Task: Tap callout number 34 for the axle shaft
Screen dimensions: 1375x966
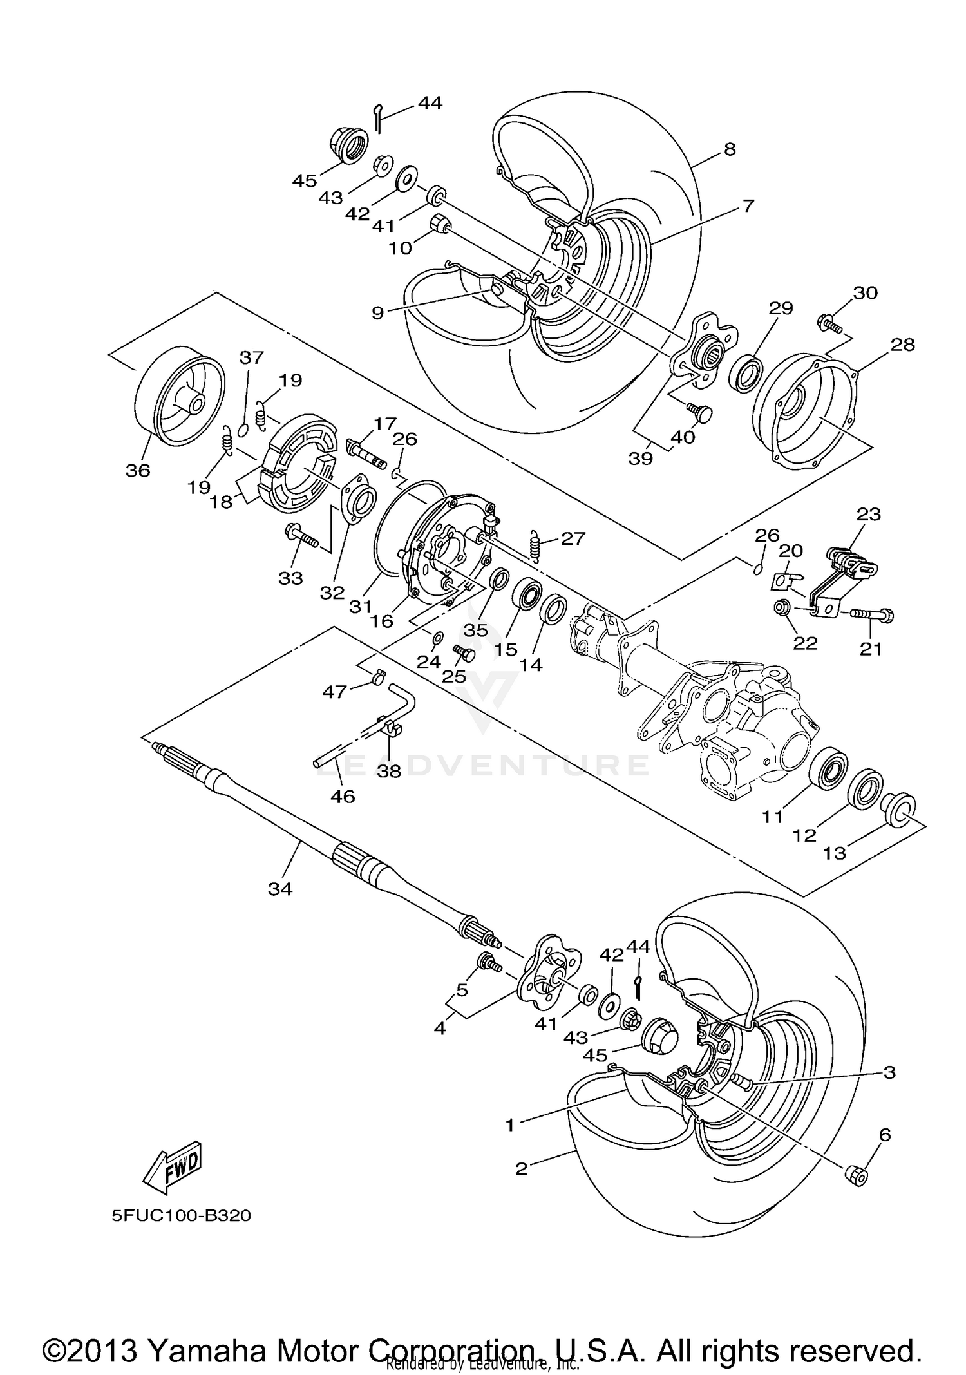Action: tap(280, 889)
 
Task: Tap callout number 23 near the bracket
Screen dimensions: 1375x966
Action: tap(868, 515)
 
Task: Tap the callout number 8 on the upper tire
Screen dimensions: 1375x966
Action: tap(729, 149)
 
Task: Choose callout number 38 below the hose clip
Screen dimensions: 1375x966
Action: tap(389, 771)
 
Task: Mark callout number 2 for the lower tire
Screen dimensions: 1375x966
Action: tap(521, 1168)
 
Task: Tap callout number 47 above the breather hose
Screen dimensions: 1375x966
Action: tap(335, 692)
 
